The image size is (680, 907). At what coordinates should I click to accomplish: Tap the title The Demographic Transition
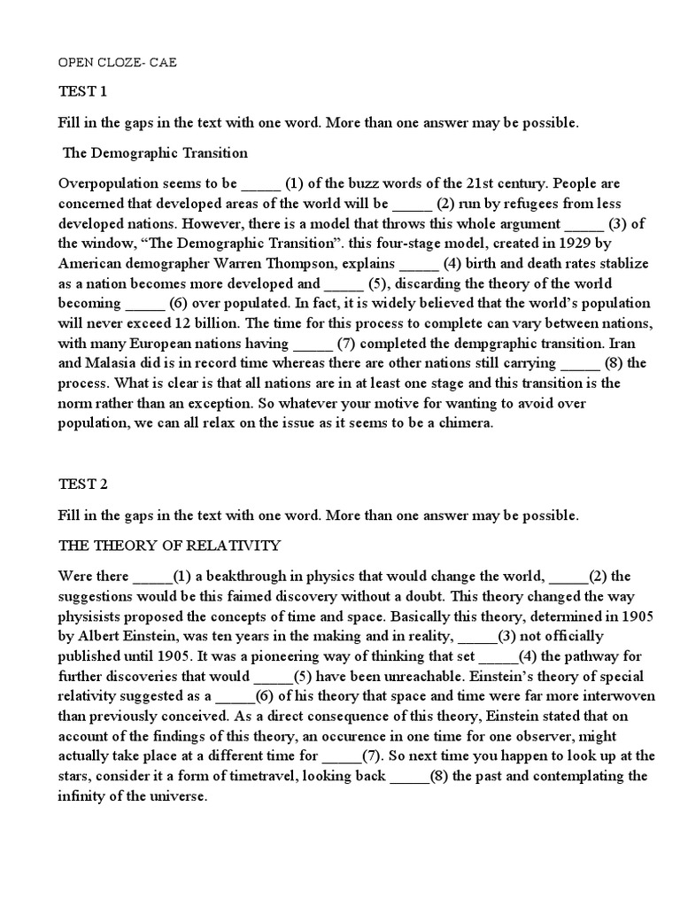tap(155, 152)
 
